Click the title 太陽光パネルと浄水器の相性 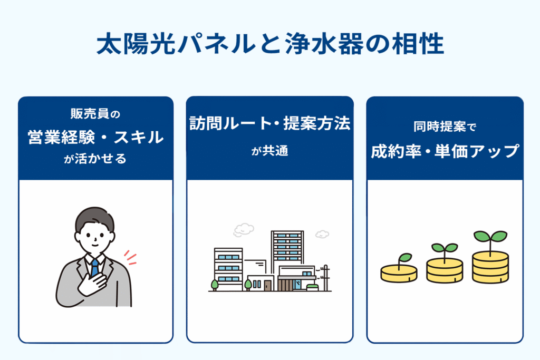point(269,45)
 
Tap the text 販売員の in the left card point(95,114)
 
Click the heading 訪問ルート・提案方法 point(269,124)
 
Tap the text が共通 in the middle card point(269,152)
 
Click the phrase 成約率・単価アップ point(445,151)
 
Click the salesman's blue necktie point(94,267)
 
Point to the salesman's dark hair point(94,219)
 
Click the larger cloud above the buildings point(243,230)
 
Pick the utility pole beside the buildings point(325,277)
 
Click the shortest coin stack point(399,273)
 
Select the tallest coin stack point(490,266)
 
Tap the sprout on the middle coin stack point(445,248)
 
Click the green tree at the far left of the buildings point(215,284)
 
